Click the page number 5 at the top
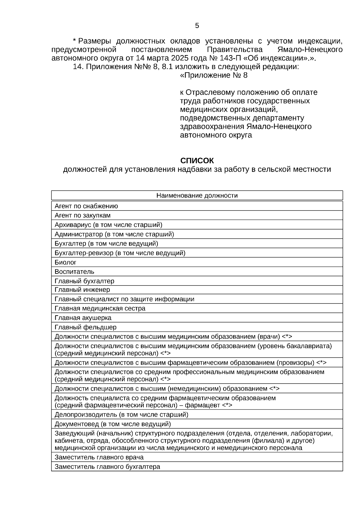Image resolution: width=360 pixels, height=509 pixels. [197, 26]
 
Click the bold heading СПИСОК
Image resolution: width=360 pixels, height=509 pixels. [197, 160]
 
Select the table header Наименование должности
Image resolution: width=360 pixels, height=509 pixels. [197, 196]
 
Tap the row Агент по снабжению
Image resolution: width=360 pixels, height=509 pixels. [86, 206]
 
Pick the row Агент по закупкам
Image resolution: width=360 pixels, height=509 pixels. [82, 215]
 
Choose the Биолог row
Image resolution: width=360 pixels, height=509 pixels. [65, 262]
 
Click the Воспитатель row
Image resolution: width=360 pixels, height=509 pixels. [74, 271]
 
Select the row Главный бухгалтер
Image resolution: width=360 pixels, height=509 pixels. [84, 281]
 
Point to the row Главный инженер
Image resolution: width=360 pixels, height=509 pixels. [82, 290]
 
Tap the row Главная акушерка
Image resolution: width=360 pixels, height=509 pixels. [83, 318]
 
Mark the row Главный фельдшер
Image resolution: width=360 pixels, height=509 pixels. [85, 327]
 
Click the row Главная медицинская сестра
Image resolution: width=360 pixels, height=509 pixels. [100, 308]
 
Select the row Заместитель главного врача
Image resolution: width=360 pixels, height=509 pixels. [99, 457]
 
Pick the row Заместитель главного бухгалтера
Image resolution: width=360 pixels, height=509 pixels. [107, 467]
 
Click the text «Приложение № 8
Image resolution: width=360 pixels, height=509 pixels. [214, 75]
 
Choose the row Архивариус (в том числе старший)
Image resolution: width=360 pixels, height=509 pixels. [108, 225]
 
